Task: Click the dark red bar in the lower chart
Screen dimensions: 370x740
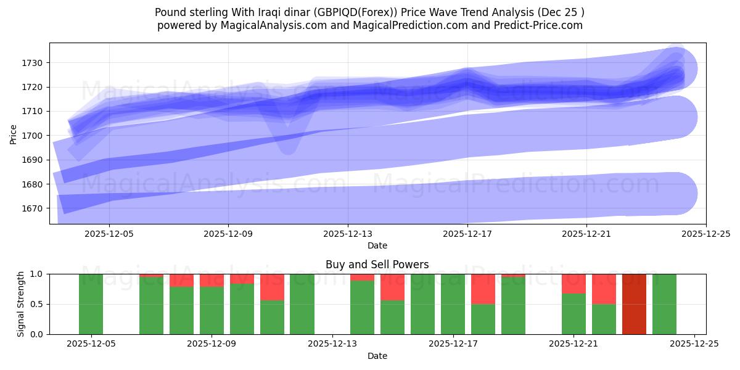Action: click(634, 304)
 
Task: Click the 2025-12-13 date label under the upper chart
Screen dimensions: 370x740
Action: click(348, 234)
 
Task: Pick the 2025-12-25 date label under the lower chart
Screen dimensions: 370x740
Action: click(694, 344)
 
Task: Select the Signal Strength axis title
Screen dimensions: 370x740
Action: click(21, 303)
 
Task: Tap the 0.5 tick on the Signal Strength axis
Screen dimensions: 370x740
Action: click(36, 304)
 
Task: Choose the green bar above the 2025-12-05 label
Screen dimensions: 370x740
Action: click(91, 304)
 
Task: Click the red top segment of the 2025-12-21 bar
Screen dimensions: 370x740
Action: click(573, 284)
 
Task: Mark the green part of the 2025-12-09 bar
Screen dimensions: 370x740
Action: click(212, 310)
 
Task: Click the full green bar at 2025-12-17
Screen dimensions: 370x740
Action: click(453, 304)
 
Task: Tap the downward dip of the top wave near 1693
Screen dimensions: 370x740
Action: click(287, 147)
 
